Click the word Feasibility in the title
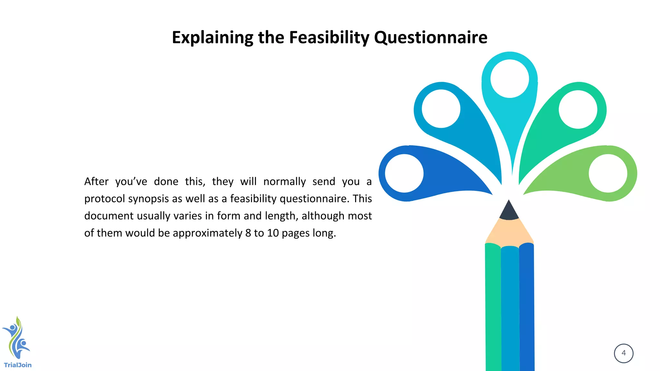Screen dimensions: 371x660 329,37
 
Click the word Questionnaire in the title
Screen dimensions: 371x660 431,37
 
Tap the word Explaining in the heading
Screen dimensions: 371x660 212,37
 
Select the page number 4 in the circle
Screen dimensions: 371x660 624,353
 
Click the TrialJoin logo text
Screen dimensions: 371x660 18,365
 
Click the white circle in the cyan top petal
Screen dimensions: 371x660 510,79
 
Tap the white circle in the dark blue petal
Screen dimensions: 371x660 404,173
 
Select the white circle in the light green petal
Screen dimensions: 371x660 608,173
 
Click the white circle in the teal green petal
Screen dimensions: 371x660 578,109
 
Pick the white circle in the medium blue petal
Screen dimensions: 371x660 441,109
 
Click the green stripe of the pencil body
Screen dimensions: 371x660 493,306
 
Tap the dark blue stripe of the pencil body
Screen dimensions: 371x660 527,306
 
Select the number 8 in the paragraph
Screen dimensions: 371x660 248,233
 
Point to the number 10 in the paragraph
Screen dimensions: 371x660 273,233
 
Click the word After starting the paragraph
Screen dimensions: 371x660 96,182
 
